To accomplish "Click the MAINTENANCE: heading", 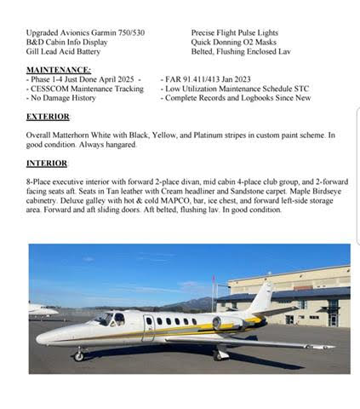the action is [59, 69].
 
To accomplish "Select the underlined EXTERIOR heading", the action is [48, 116].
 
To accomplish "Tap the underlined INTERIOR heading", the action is [47, 162].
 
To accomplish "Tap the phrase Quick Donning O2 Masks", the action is [231, 42].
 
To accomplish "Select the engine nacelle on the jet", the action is [229, 323].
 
